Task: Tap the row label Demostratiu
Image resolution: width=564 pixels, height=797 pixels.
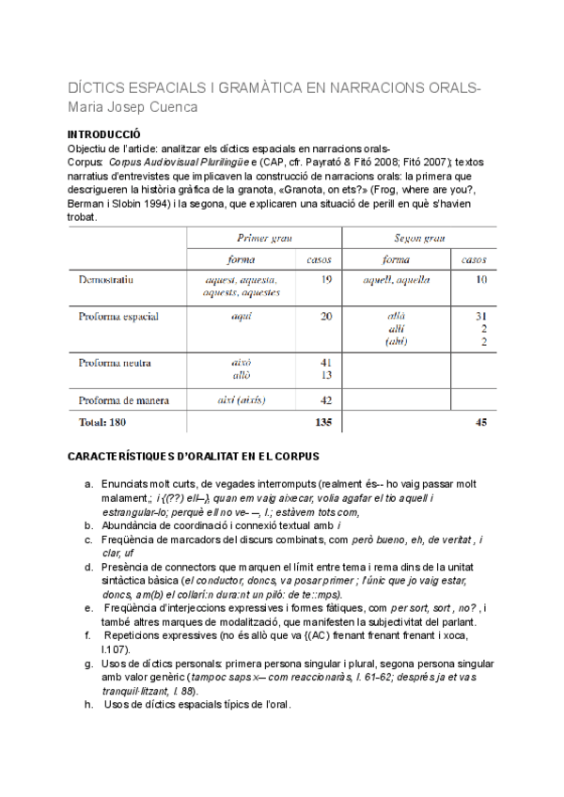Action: click(x=109, y=279)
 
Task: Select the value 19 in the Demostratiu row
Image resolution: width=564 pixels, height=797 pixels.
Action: click(x=325, y=279)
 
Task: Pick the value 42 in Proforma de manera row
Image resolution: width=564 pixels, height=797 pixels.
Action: click(x=325, y=399)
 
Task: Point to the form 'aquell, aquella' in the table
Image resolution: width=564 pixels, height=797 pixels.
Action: click(x=401, y=279)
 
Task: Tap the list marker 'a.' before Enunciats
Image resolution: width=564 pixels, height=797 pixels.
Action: click(x=88, y=483)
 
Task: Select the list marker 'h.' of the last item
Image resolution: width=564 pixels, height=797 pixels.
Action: click(x=88, y=705)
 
